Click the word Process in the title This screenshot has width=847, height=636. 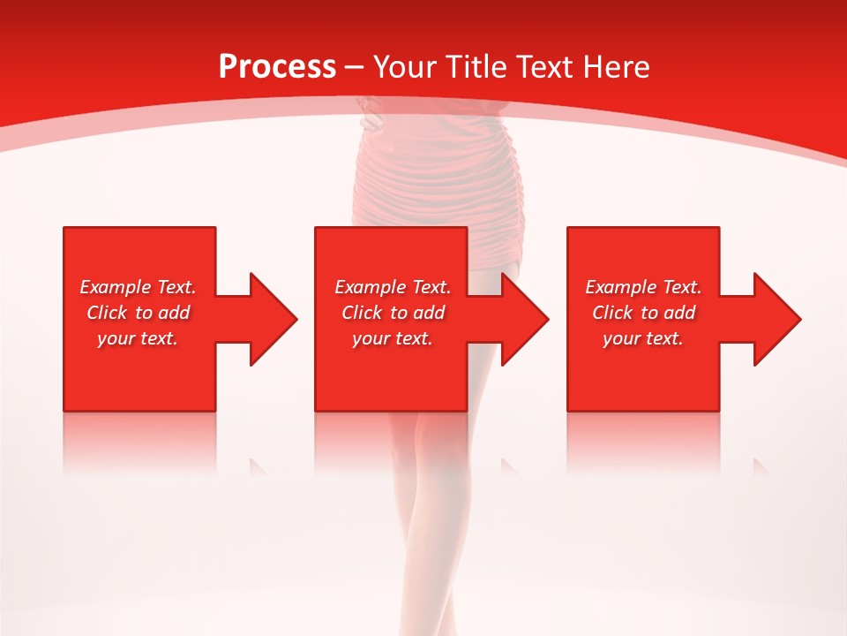(277, 67)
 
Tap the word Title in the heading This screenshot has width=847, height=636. (475, 67)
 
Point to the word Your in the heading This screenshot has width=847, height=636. (406, 67)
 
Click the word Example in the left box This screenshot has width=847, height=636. (115, 287)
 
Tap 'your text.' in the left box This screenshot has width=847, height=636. (138, 338)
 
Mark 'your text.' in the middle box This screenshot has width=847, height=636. (392, 338)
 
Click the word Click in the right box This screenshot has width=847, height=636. (614, 313)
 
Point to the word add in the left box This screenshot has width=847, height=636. (174, 313)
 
